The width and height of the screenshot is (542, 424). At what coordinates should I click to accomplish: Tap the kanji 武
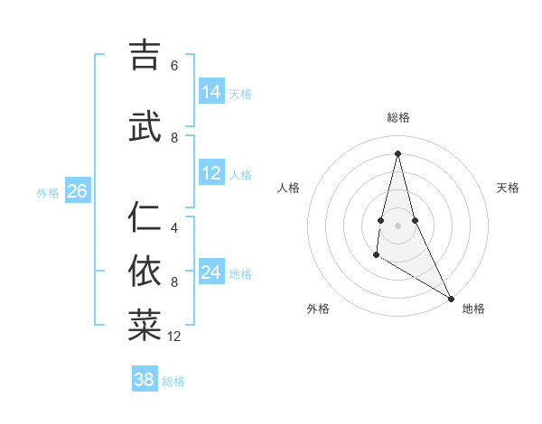[x=145, y=127]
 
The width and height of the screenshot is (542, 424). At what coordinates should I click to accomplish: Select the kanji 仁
[x=145, y=217]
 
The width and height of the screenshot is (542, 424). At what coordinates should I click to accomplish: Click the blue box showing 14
[x=211, y=92]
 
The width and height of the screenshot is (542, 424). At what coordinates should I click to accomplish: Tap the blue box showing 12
[x=211, y=173]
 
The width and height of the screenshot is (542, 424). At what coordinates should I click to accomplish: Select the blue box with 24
[x=211, y=272]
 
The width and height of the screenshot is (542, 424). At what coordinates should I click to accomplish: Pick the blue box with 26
[x=77, y=191]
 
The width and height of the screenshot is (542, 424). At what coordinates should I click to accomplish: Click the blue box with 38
[x=145, y=380]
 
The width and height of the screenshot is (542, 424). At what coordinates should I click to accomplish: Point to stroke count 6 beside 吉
[x=174, y=66]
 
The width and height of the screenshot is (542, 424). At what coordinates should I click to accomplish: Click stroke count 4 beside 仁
[x=174, y=228]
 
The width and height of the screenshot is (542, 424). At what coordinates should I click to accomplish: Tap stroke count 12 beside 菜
[x=174, y=336]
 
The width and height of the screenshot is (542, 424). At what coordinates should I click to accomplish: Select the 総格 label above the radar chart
[x=398, y=117]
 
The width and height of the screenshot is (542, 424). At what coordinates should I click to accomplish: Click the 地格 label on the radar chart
[x=473, y=309]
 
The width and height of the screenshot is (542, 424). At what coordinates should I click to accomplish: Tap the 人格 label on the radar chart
[x=288, y=188]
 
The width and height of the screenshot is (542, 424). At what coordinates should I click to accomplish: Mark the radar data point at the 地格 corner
[x=452, y=299]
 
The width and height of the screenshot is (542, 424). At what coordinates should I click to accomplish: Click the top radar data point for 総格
[x=397, y=152]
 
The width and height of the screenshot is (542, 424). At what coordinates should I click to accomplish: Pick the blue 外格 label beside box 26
[x=47, y=192]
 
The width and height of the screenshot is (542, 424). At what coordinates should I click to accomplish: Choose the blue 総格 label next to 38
[x=173, y=382]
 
